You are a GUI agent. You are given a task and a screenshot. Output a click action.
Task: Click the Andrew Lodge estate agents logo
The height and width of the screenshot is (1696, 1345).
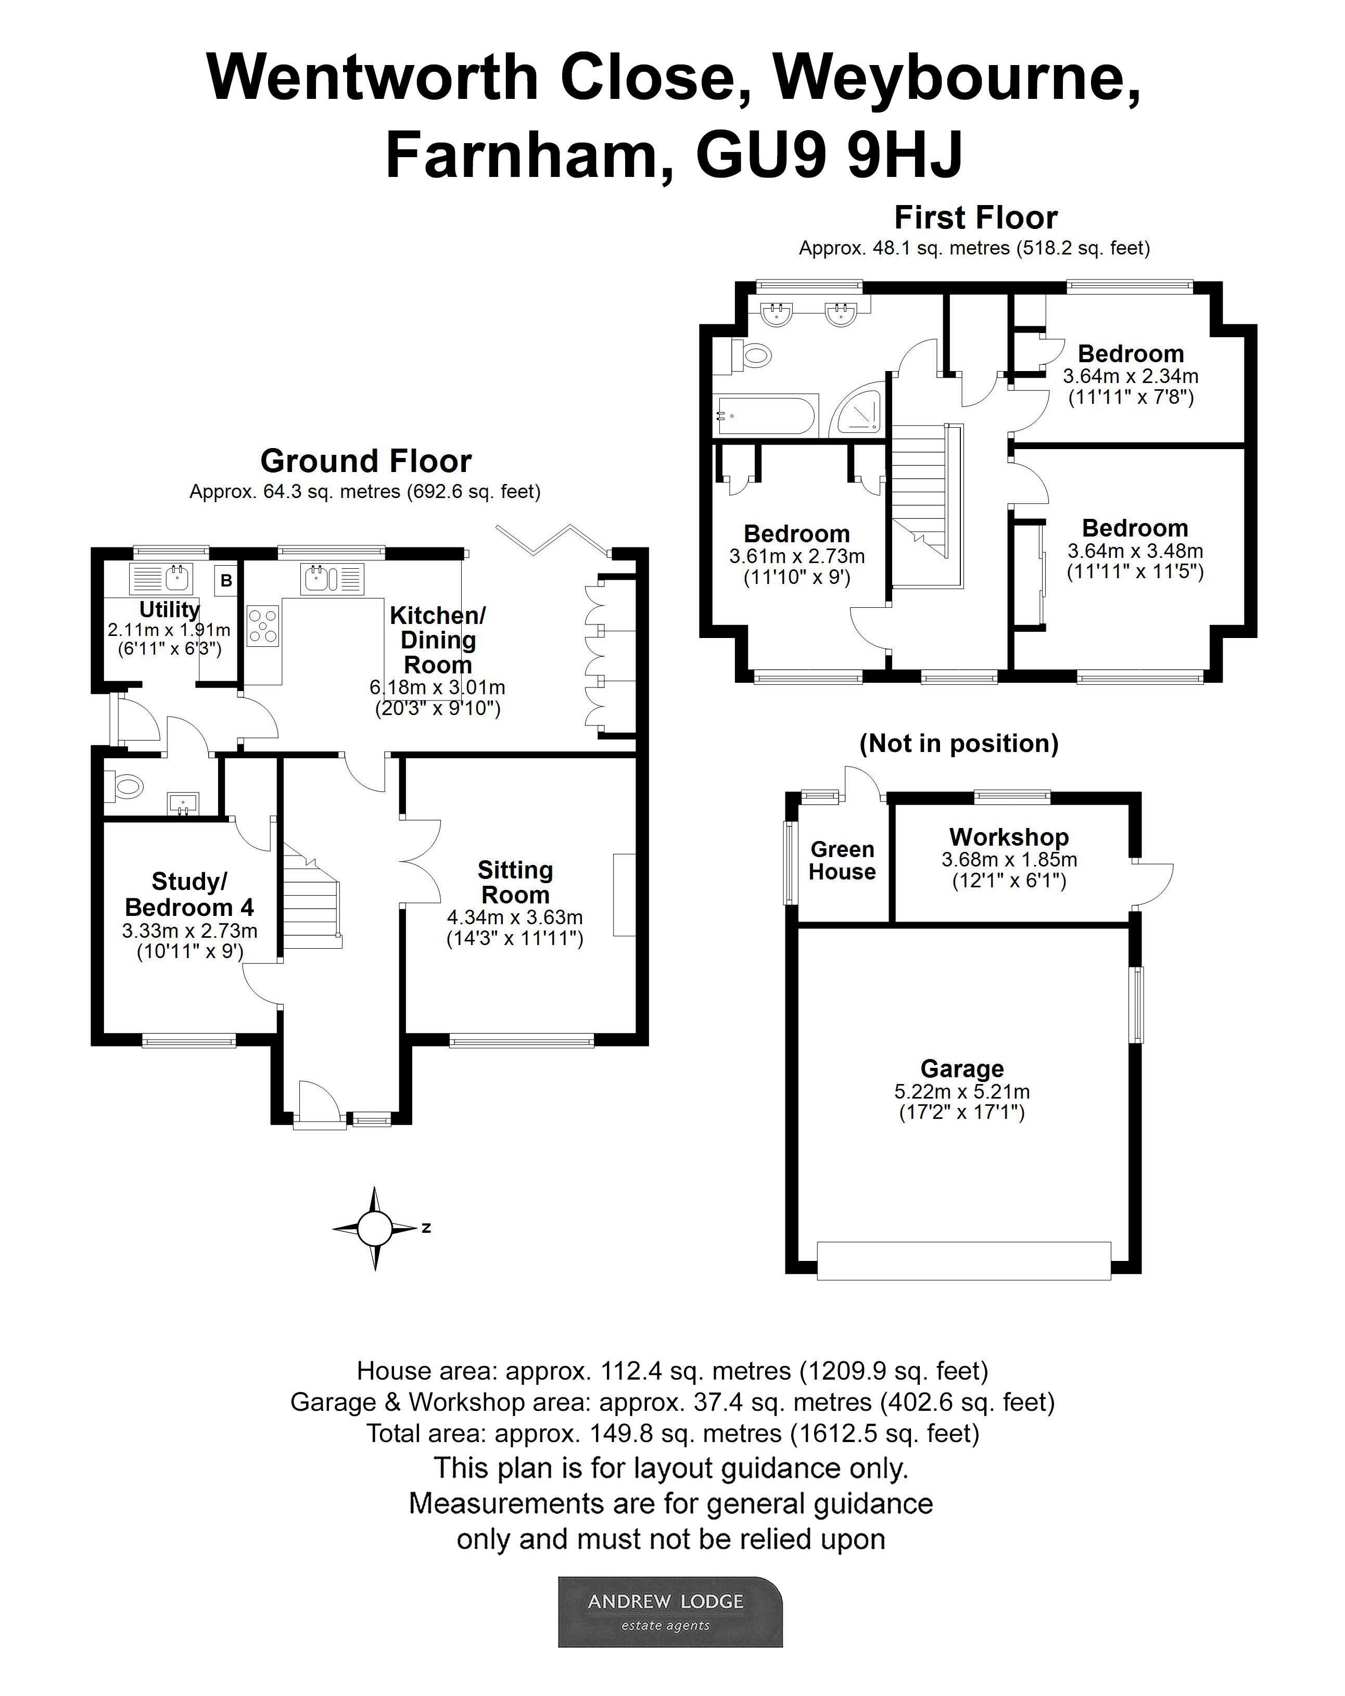pyautogui.click(x=670, y=1611)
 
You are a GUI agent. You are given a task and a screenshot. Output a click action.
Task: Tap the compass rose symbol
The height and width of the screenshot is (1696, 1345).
pyautogui.click(x=375, y=1228)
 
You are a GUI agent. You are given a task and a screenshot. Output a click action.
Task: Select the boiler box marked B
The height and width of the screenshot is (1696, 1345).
pyautogui.click(x=226, y=581)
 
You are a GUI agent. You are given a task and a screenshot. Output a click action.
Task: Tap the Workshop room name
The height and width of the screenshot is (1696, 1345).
pyautogui.click(x=1009, y=836)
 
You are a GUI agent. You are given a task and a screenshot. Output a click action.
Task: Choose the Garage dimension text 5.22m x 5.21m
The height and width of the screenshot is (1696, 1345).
pyautogui.click(x=962, y=1091)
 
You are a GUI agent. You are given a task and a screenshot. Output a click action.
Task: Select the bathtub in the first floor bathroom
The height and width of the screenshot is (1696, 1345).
pyautogui.click(x=766, y=415)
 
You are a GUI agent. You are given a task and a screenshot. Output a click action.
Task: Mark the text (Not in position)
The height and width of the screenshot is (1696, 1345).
pyautogui.click(x=959, y=743)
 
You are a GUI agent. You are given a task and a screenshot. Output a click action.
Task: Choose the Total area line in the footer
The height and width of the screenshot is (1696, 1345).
pyautogui.click(x=672, y=1433)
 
